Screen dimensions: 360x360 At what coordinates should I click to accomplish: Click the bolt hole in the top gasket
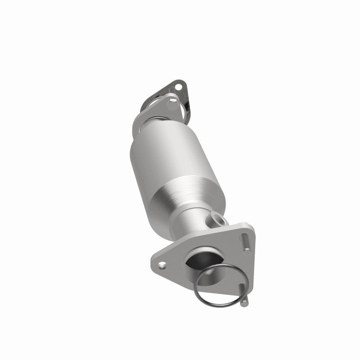coord(180,86)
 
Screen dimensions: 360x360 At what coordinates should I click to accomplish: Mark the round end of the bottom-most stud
coord(243,304)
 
